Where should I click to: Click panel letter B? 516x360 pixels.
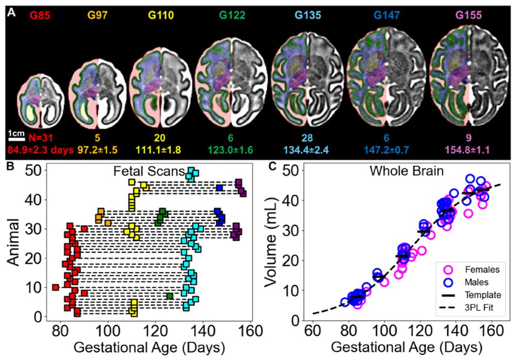(x=11, y=166)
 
